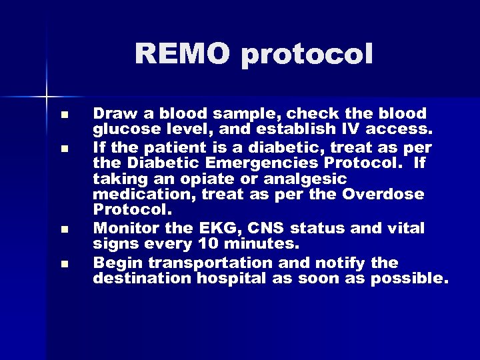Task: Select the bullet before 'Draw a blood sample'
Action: (63, 115)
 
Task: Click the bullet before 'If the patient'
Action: (63, 148)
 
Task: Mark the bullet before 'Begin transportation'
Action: (63, 263)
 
